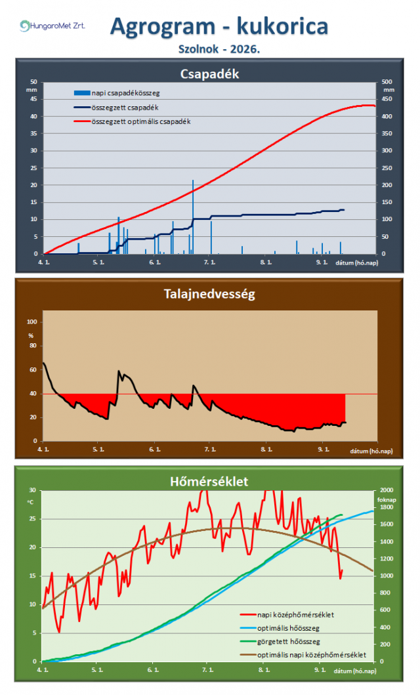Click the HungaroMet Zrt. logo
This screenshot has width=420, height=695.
point(52,26)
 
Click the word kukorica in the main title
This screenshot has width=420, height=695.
point(282,26)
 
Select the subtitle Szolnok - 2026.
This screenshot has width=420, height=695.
point(219,49)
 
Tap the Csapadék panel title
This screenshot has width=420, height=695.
point(209,74)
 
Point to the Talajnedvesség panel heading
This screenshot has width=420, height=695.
point(209,294)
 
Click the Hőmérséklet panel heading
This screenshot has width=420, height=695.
point(209,481)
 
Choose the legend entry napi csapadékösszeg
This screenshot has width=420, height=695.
point(117,93)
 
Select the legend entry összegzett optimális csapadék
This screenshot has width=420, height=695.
point(133,121)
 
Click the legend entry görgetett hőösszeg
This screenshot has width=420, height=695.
point(280,641)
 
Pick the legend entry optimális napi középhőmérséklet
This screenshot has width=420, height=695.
point(303,655)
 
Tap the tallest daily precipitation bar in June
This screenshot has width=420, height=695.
point(193,217)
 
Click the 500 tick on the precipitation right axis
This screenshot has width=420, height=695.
point(387,82)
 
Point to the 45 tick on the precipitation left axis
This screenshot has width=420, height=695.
point(33,99)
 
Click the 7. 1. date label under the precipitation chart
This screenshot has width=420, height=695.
point(209,263)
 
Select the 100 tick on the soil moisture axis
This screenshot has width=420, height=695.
point(32,322)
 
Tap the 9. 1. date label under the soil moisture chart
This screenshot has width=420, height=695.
point(324,450)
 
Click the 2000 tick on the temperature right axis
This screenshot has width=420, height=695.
point(387,490)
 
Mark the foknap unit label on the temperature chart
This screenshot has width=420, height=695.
point(387,499)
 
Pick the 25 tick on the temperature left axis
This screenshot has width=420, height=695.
point(32,518)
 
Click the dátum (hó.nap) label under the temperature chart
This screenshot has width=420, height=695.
point(355,671)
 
